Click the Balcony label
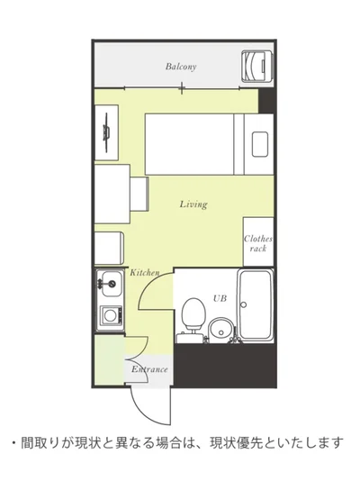click(x=181, y=67)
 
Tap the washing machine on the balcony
click(x=257, y=67)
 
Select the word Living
click(x=193, y=204)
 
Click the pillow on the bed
click(x=260, y=144)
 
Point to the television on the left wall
click(x=106, y=132)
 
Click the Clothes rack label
click(x=258, y=243)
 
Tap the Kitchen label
click(x=144, y=272)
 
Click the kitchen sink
click(x=111, y=284)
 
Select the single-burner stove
click(x=111, y=315)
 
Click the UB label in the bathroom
click(x=220, y=298)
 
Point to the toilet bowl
click(x=193, y=313)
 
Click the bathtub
click(x=256, y=305)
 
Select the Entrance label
click(x=149, y=369)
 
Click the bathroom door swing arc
click(x=148, y=284)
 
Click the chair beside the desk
click(x=139, y=194)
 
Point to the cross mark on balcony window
click(x=182, y=88)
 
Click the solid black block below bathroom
click(x=226, y=365)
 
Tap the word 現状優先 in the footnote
click(x=234, y=443)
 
